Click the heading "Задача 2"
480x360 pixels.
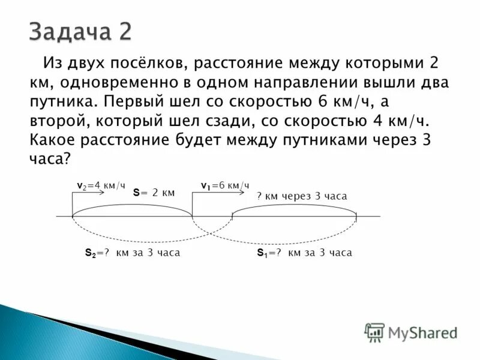pyautogui.click(x=80, y=32)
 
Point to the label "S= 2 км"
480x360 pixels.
pyautogui.click(x=154, y=193)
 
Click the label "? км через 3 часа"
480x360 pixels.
pyautogui.click(x=302, y=196)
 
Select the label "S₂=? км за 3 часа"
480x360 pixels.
pyautogui.click(x=133, y=253)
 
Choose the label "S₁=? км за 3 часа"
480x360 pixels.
pyautogui.click(x=304, y=253)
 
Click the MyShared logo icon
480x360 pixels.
pyautogui.click(x=374, y=332)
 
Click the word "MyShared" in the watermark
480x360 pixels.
pyautogui.click(x=422, y=332)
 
